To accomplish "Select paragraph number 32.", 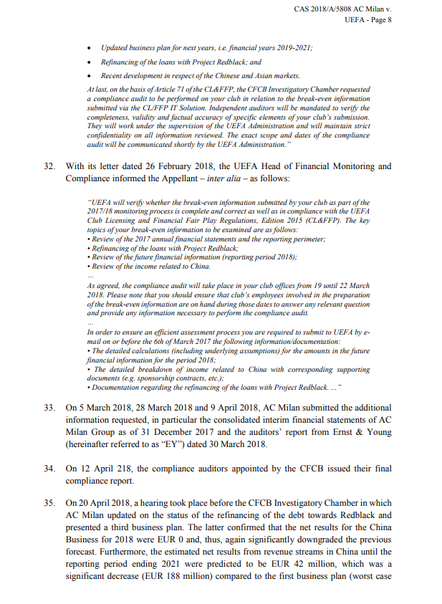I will pos(49,166).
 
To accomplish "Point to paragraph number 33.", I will pos(49,407).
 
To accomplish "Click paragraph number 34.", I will pos(49,469).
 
